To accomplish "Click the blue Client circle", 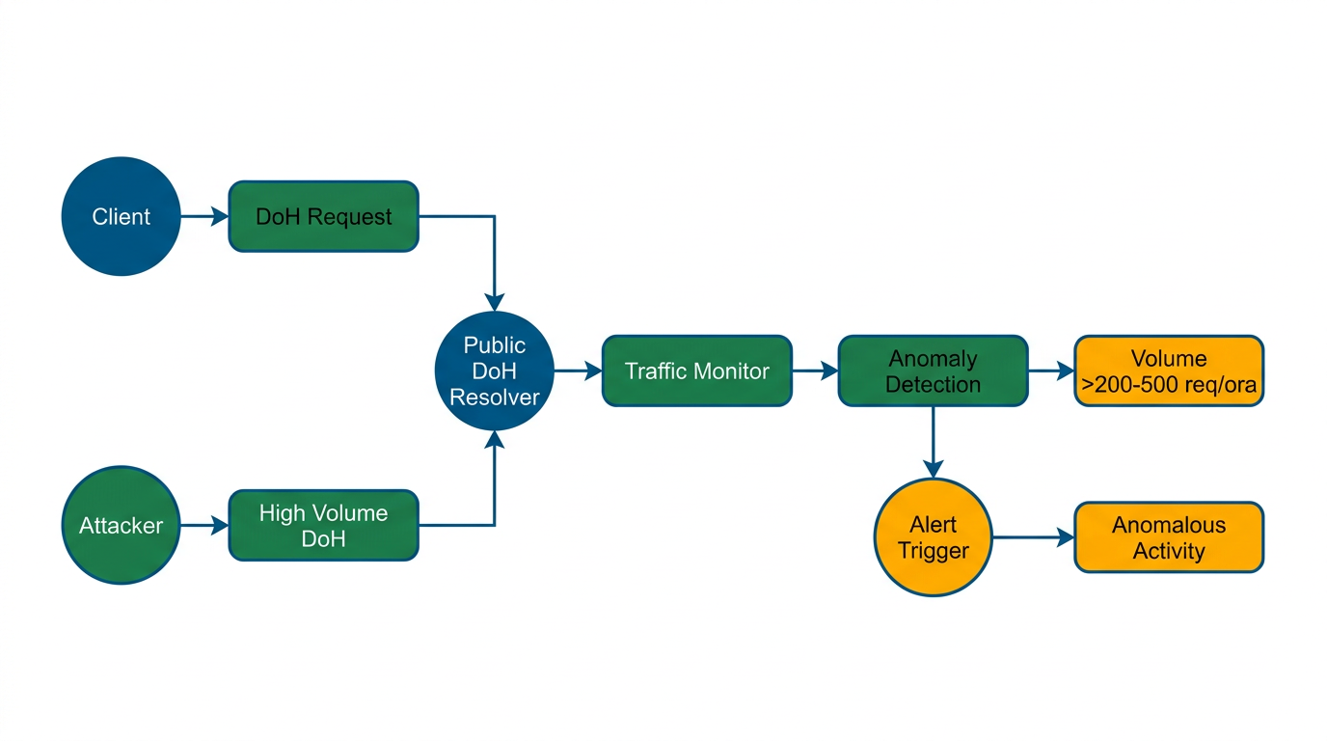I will pos(121,216).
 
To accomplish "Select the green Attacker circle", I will pos(121,526).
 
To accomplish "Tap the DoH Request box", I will pos(323,216).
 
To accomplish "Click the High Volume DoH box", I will pos(323,526).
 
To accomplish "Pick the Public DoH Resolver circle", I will pos(495,370).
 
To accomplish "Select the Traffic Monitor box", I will pos(696,370).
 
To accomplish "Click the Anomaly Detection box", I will pos(933,370).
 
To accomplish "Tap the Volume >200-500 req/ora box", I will pos(1169,370).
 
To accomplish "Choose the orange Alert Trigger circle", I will pos(933,537).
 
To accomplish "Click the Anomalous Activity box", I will pos(1169,537).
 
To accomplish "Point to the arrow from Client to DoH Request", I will pos(203,216).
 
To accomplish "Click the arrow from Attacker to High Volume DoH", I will pos(203,526).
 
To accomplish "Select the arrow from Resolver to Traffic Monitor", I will pos(578,370).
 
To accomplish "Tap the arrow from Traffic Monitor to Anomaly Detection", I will pos(815,370).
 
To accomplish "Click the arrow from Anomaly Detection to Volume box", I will pos(1051,370).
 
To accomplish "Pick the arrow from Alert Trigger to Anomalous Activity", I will pos(1033,537).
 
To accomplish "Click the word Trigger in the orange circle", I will pos(933,551).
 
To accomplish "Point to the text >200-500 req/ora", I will pos(1169,384).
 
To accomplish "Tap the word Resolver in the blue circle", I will pos(495,397).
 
